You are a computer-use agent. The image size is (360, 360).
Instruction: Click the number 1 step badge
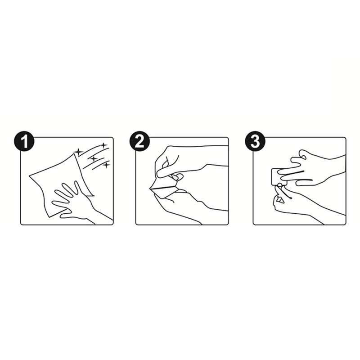tap(24, 141)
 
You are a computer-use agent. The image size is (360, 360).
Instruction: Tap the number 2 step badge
tap(139, 141)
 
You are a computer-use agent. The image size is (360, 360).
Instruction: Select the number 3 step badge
tap(255, 141)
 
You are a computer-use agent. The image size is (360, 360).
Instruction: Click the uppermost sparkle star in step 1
tap(103, 145)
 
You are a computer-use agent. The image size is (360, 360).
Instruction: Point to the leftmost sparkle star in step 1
tap(78, 152)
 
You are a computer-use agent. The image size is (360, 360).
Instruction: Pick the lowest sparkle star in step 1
tap(106, 165)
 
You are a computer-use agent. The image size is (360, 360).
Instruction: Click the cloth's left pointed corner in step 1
tap(29, 176)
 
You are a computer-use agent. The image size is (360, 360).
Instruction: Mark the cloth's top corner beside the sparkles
tap(74, 154)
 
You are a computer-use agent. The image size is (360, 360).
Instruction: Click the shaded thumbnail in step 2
tap(175, 177)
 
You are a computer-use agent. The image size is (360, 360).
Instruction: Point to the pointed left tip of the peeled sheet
tap(150, 189)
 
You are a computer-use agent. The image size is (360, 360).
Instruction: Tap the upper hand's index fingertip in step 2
tap(159, 175)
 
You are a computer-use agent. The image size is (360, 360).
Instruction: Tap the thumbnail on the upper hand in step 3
tap(304, 157)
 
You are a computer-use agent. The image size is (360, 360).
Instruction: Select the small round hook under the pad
tap(279, 185)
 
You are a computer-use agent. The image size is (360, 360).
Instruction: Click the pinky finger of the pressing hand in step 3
tap(304, 183)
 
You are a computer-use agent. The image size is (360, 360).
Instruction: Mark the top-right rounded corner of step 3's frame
tap(345, 139)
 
